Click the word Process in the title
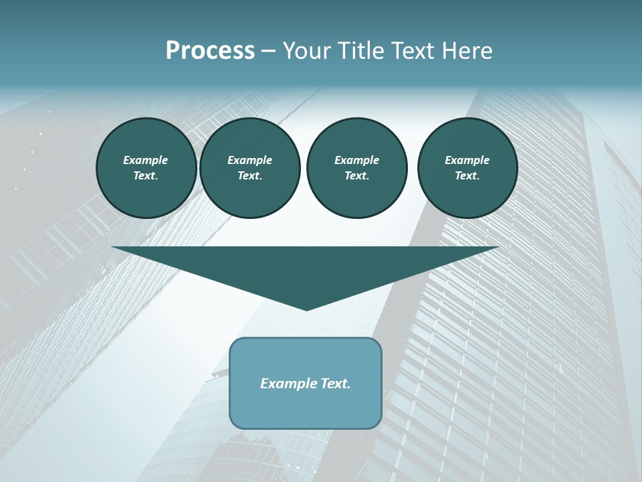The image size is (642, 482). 210,51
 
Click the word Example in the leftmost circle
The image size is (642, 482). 146,160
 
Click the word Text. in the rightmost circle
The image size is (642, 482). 467,176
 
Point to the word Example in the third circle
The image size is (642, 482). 356,160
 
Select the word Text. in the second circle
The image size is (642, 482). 249,176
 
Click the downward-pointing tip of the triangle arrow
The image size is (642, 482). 307,308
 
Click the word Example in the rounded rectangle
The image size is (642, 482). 288,384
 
